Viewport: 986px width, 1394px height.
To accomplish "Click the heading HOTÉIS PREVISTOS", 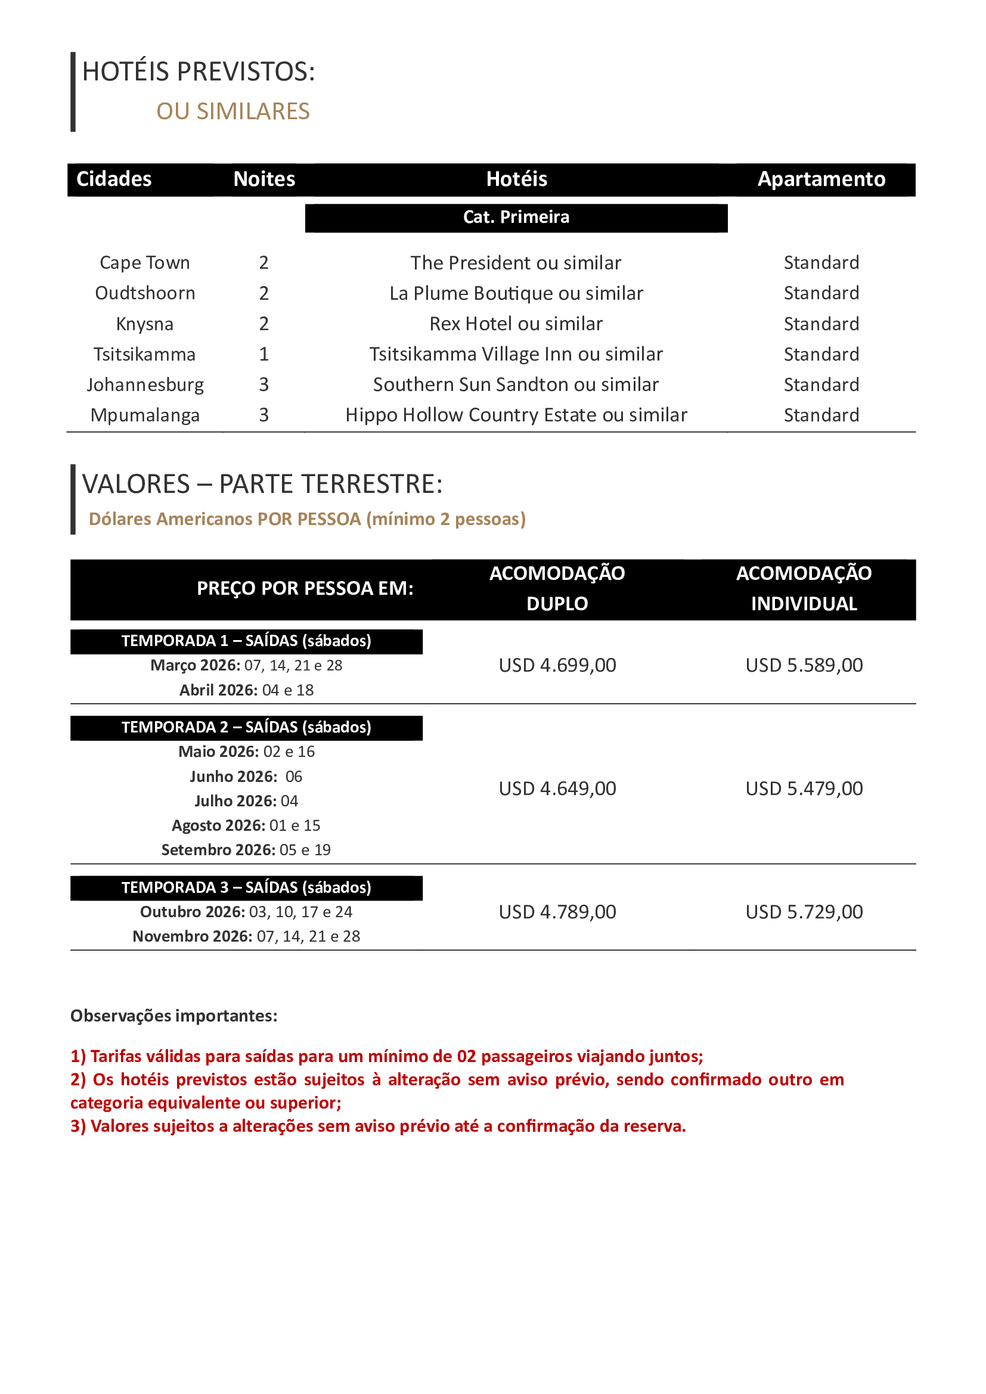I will pyautogui.click(x=199, y=72).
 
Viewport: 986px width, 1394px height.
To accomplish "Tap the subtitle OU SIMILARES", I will pyautogui.click(x=232, y=111).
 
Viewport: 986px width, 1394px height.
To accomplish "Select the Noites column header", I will pyautogui.click(x=264, y=179).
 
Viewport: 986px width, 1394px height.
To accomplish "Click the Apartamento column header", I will pyautogui.click(x=821, y=179).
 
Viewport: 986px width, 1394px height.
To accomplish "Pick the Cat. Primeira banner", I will pyautogui.click(x=516, y=218).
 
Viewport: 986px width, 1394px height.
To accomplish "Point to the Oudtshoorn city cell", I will pyautogui.click(x=145, y=293).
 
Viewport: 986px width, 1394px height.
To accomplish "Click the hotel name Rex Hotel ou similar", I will pyautogui.click(x=516, y=324).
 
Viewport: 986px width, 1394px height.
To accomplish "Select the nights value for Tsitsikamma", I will pyautogui.click(x=263, y=355).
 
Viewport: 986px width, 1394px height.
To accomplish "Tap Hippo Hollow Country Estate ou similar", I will pyautogui.click(x=516, y=415).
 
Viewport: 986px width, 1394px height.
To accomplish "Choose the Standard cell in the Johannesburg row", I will pyautogui.click(x=821, y=385).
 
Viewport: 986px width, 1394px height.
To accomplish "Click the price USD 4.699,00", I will pyautogui.click(x=557, y=666).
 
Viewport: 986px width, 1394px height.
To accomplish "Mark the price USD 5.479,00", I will pyautogui.click(x=804, y=788).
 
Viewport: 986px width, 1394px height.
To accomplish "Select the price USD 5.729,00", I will pyautogui.click(x=804, y=912).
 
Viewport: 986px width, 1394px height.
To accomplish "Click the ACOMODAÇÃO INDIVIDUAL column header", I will pyautogui.click(x=804, y=588).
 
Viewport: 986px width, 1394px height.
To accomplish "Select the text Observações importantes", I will pyautogui.click(x=173, y=1016).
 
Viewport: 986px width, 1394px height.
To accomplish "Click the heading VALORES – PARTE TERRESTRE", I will pyautogui.click(x=262, y=485).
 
